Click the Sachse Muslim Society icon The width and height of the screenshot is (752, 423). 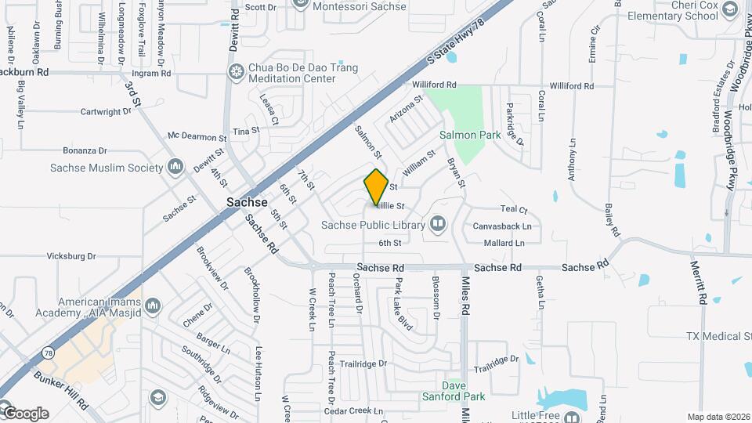tap(175, 167)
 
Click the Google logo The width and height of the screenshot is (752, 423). tap(25, 413)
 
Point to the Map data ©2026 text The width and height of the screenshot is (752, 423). tap(718, 417)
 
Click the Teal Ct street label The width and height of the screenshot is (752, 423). tap(514, 209)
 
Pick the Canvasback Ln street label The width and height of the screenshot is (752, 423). tap(502, 226)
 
